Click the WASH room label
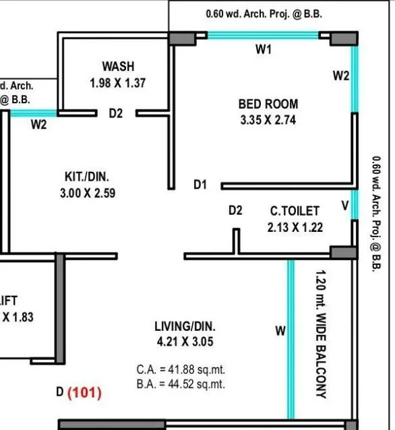click(x=118, y=67)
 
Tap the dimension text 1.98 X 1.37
click(x=118, y=83)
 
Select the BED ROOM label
click(x=268, y=104)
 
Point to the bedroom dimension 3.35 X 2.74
click(x=268, y=121)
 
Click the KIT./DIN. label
click(x=86, y=177)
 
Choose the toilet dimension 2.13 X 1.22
click(x=295, y=228)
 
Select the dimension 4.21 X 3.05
click(x=185, y=342)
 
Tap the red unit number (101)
click(x=84, y=393)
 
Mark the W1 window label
click(x=263, y=50)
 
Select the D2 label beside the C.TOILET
click(x=235, y=211)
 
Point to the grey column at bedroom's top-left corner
click(x=179, y=38)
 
